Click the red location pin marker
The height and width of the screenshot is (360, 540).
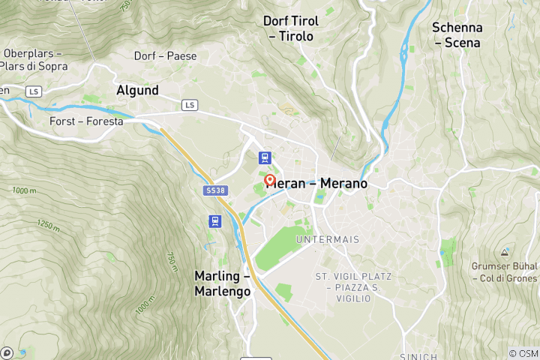[x=270, y=181]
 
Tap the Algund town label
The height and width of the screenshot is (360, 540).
[x=137, y=90]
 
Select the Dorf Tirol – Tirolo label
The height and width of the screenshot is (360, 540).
[x=291, y=28]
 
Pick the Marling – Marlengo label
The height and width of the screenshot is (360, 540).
[x=222, y=283]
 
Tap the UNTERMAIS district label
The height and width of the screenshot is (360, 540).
[x=328, y=239]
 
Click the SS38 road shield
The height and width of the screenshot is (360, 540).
[x=215, y=190]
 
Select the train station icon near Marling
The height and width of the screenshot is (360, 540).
[x=215, y=221]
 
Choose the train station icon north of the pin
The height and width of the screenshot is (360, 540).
[x=264, y=157]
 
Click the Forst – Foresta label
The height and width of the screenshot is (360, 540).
[x=85, y=120]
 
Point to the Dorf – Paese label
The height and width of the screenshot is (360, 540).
[x=165, y=56]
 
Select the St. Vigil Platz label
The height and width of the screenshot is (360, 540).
[x=353, y=277]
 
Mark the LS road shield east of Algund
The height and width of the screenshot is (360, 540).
[x=190, y=105]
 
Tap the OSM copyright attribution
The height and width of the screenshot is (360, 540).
[x=523, y=352]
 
